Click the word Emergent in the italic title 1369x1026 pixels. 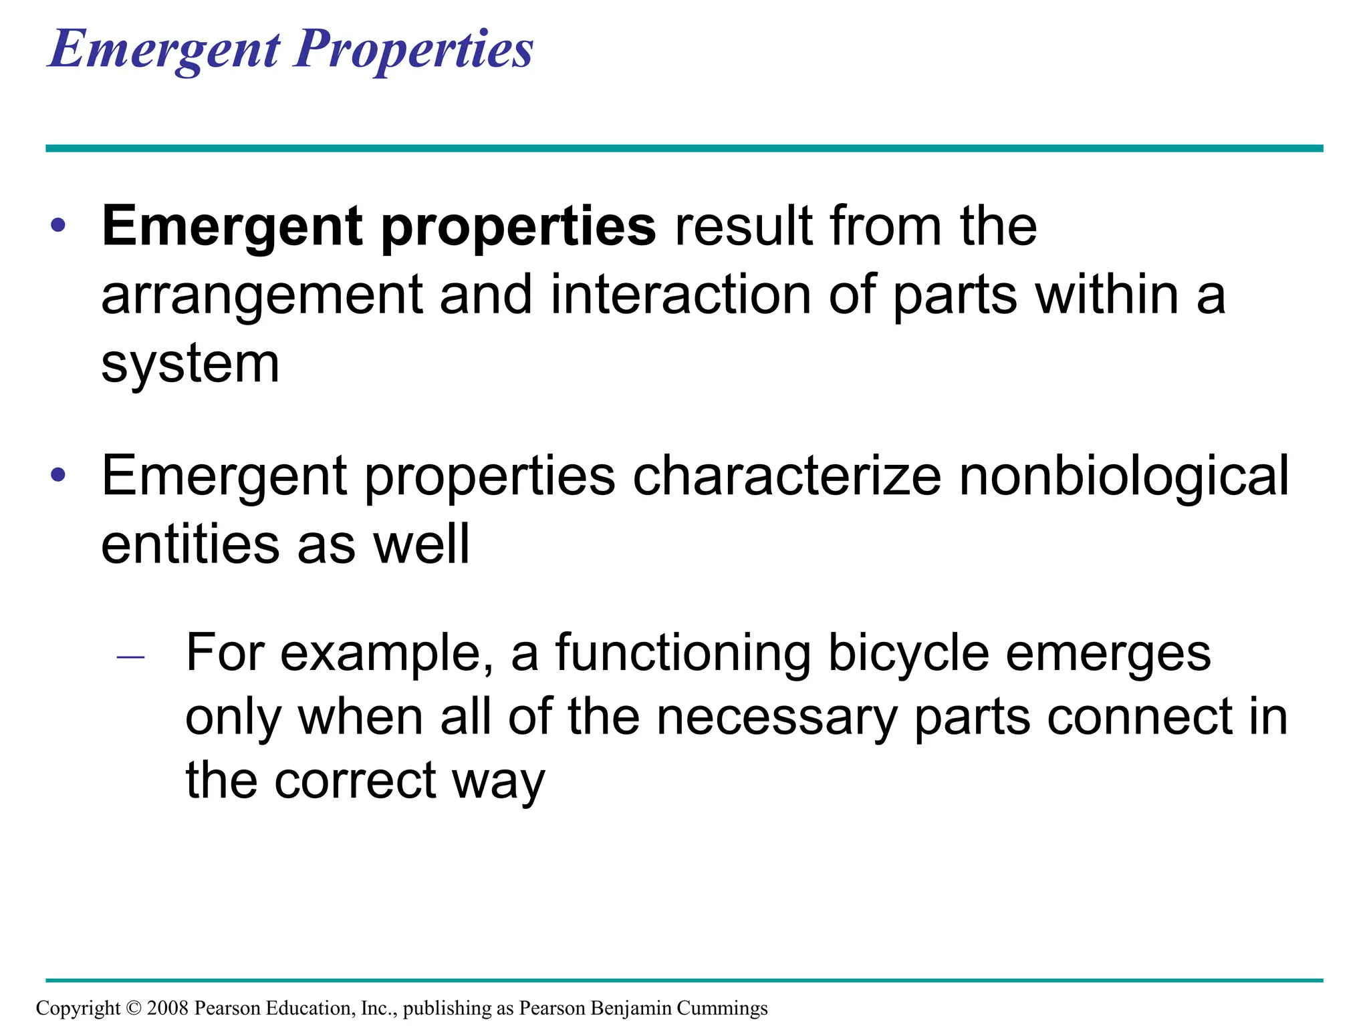[x=164, y=49]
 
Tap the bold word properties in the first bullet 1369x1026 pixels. [x=519, y=227]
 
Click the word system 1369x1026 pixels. [x=190, y=365]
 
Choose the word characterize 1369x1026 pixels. [x=787, y=476]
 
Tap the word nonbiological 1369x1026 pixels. [x=1124, y=476]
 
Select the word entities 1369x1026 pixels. [x=190, y=544]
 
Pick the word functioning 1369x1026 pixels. [x=683, y=653]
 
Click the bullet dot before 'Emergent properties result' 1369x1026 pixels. [x=58, y=226]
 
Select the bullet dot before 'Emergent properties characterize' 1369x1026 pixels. [x=58, y=475]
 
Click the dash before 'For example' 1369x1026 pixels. [x=130, y=657]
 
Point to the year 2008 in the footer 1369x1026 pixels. [x=168, y=1008]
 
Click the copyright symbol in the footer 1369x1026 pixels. [x=134, y=1008]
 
